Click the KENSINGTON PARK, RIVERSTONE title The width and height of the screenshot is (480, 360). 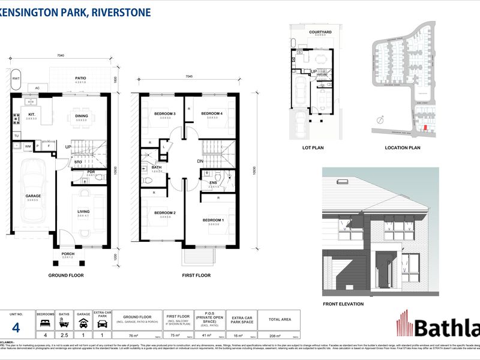pos(75,12)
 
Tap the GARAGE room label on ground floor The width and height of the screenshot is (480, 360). pos(32,196)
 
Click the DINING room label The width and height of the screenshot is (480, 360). pos(82,116)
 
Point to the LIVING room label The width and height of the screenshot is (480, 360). pos(83,211)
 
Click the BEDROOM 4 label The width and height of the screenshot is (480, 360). pos(212,114)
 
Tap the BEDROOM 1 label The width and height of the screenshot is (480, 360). pos(213,220)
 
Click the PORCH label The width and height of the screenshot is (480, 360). pos(68,253)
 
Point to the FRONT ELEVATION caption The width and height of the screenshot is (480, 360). pos(344,304)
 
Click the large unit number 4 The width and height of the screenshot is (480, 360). pos(16,326)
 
